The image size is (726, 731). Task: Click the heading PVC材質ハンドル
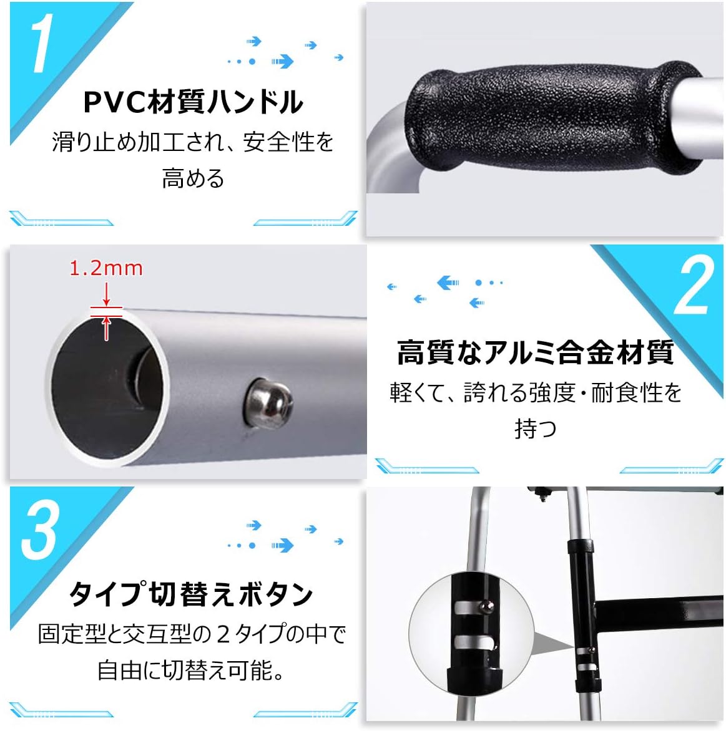click(194, 102)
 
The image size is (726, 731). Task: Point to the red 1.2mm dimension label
click(106, 268)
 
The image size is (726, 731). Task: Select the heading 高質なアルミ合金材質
click(536, 352)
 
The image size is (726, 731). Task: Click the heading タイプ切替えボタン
click(191, 593)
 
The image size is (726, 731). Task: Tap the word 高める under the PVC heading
click(193, 178)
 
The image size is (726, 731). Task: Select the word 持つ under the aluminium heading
click(536, 428)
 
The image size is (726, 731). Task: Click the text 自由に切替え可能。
click(191, 670)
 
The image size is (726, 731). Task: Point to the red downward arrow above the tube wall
click(107, 294)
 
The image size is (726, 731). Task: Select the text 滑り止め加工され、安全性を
click(193, 142)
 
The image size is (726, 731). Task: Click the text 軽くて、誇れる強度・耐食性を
click(536, 392)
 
